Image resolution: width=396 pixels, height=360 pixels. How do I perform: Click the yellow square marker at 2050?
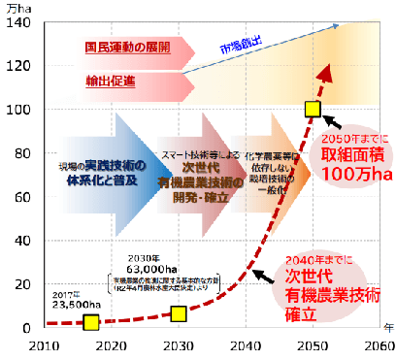point(313,109)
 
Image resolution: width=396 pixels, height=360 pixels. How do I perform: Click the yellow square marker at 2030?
point(179,312)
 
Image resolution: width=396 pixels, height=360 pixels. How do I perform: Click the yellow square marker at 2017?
point(91,321)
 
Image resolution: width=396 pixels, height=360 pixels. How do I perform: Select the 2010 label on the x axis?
point(43,345)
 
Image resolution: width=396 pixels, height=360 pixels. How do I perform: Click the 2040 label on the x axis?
point(245,345)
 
